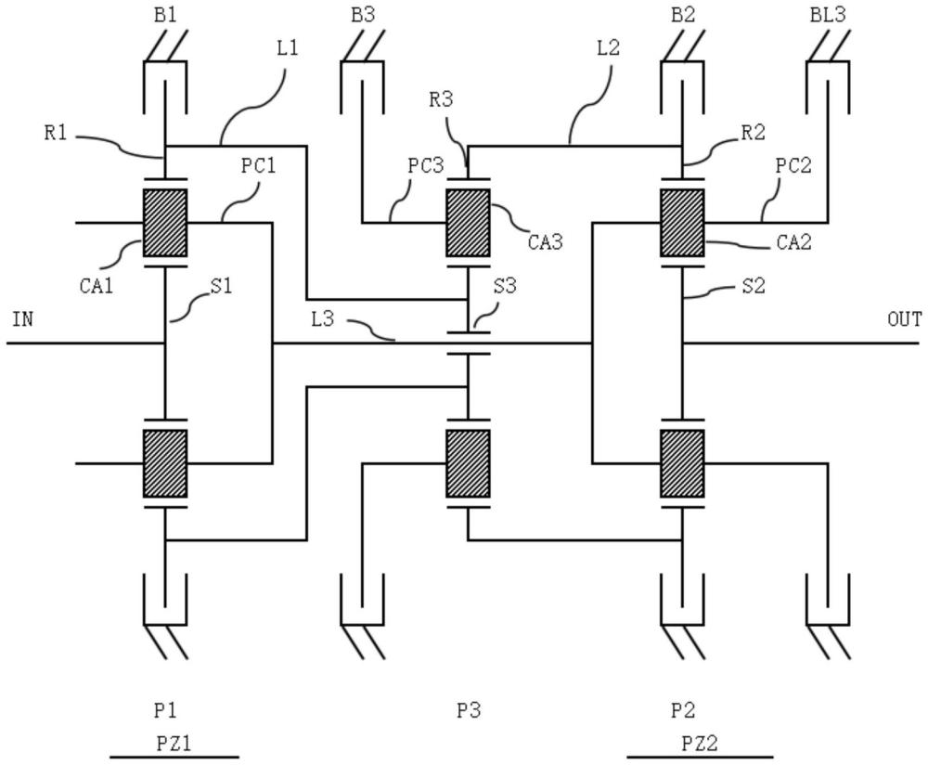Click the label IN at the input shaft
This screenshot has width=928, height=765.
coord(23,320)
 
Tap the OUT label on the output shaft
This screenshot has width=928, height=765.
coord(904,320)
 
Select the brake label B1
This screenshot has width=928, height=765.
coord(166,16)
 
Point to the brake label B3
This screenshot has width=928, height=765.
coord(363,16)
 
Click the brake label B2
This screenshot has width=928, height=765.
coord(682,16)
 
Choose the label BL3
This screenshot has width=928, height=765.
coord(828,16)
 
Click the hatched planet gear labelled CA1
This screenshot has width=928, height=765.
coord(165,223)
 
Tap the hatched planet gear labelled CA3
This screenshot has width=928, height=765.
coord(468,223)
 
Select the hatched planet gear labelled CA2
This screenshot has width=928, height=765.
coord(682,223)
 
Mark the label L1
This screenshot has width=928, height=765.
coord(288,48)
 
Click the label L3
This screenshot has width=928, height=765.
coord(323,318)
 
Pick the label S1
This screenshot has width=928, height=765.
coord(221,286)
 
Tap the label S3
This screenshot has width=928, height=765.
coord(505,286)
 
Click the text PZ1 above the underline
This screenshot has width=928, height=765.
coord(174,743)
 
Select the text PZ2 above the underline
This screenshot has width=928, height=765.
coord(699,743)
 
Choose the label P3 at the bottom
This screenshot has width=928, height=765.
coord(469,711)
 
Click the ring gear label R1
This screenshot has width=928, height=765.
coord(56,133)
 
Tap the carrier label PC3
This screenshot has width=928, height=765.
coord(426,165)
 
